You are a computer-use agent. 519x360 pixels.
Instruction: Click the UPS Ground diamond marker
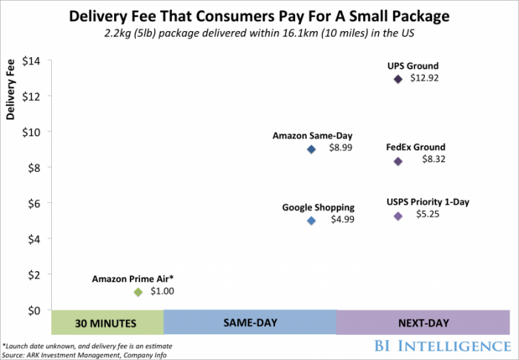(398, 79)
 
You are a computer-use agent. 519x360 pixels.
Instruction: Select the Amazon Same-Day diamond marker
(311, 149)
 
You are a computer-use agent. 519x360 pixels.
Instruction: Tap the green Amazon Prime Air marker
(137, 292)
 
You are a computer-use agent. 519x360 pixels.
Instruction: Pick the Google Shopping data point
(311, 221)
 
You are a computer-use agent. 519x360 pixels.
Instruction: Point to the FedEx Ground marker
(398, 161)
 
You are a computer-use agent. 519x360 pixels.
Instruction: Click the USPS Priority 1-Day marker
(398, 216)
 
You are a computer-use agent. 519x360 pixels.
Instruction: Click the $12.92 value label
(425, 79)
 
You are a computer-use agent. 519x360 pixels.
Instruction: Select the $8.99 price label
(341, 149)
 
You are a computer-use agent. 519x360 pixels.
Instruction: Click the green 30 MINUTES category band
(107, 323)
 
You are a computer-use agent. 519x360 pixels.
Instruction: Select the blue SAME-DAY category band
(250, 323)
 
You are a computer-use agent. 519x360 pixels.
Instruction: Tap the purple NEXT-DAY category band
(423, 323)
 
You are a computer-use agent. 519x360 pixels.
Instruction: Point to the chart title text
(259, 16)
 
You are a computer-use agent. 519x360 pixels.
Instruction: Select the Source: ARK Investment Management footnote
(85, 353)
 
